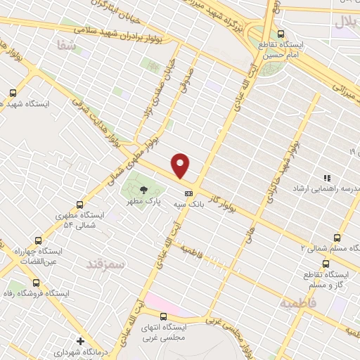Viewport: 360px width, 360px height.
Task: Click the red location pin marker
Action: point(181,165)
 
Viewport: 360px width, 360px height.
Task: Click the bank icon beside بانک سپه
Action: point(188,193)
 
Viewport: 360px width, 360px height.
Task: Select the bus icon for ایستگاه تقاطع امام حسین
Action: point(281,34)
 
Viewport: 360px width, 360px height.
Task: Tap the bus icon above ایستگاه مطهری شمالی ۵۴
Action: point(79,205)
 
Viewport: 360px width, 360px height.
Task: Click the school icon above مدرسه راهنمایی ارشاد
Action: point(326,178)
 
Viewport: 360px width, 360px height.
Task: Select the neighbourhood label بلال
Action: point(346,22)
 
